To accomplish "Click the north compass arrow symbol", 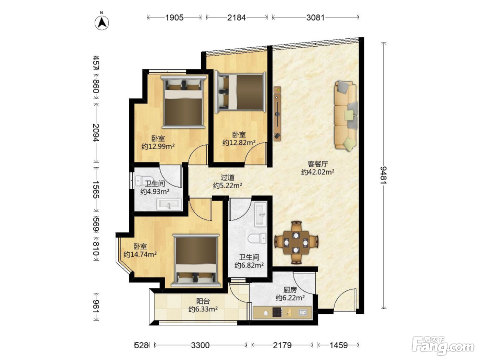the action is point(102,23).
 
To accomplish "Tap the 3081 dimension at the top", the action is point(315,17).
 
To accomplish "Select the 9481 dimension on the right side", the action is point(384,175).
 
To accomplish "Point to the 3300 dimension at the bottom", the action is point(200,345).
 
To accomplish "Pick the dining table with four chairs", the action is point(296,243).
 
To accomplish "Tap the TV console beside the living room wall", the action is point(277,114).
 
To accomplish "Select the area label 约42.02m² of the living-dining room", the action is point(317,172).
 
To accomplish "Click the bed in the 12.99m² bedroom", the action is point(183,101).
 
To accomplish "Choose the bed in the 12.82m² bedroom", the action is point(240,92).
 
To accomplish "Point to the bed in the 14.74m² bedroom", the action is point(196,260).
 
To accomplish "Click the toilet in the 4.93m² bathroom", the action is point(145,181).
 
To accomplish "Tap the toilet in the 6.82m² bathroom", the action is point(257,238).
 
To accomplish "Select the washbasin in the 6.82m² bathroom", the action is point(261,214).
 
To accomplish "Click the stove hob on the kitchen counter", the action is point(277,312).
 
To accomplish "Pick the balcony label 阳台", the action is point(203,301).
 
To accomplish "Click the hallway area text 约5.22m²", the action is point(227,185).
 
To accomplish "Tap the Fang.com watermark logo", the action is point(443,346).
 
